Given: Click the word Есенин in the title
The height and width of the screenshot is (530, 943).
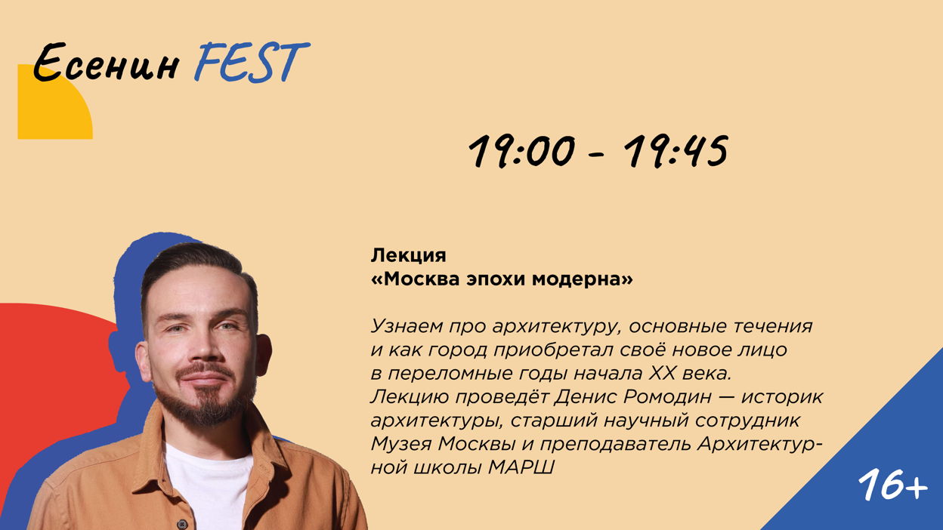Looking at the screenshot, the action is pyautogui.click(x=106, y=62).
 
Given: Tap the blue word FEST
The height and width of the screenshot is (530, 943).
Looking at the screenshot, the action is pyautogui.click(x=252, y=62).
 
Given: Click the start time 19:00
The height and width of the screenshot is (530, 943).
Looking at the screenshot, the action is pyautogui.click(x=522, y=152).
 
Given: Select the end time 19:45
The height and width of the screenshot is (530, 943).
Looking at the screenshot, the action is pyautogui.click(x=676, y=152).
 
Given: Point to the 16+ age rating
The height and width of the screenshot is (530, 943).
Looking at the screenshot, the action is pyautogui.click(x=892, y=484).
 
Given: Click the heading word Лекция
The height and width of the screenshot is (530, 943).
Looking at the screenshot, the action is pyautogui.click(x=408, y=256).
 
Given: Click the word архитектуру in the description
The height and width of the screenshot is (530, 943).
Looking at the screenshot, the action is pyautogui.click(x=557, y=327).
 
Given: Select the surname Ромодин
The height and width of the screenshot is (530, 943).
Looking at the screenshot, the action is pyautogui.click(x=668, y=397).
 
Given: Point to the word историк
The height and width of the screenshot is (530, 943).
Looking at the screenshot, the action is pyautogui.click(x=782, y=397).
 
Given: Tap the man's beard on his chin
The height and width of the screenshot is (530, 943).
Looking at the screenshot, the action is pyautogui.click(x=206, y=406).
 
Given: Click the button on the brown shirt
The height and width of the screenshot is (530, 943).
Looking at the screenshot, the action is pyautogui.click(x=182, y=524).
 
